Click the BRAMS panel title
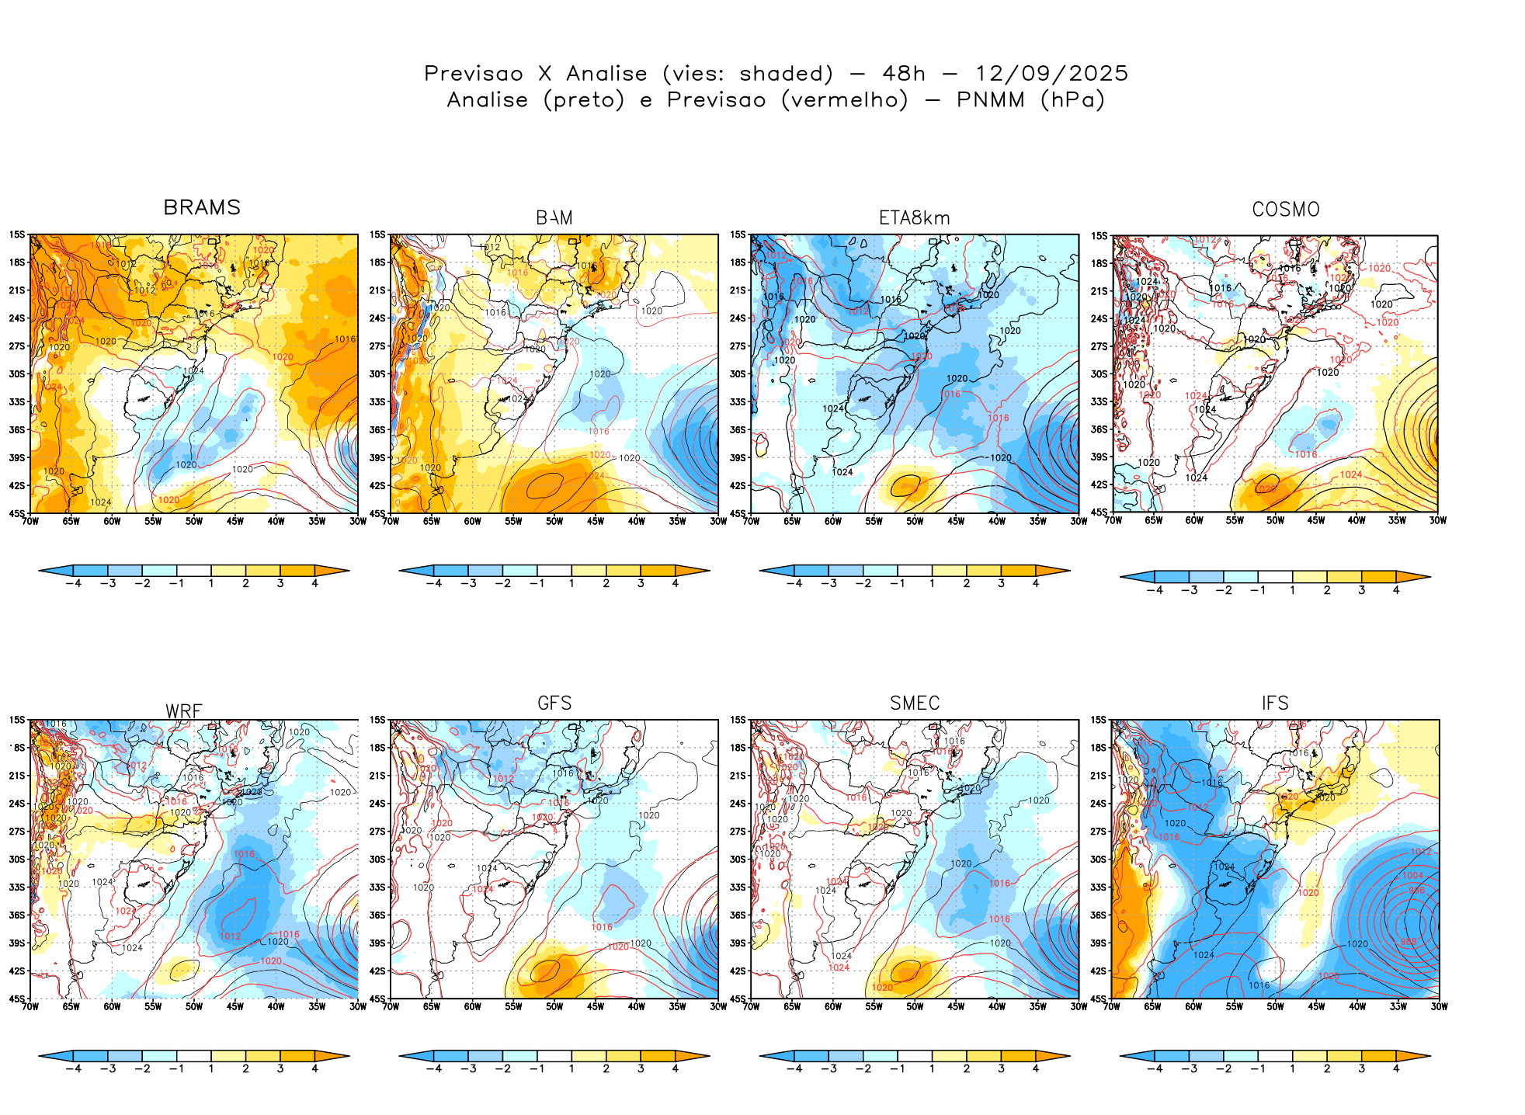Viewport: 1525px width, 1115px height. point(202,208)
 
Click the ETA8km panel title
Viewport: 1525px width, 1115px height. point(914,218)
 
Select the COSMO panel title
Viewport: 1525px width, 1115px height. point(1285,210)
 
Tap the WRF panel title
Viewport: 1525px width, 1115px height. point(184,711)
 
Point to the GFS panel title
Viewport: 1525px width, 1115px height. point(554,703)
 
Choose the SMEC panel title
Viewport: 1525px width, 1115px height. point(915,703)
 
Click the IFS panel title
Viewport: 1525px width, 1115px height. point(1275,703)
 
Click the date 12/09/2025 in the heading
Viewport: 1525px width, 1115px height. point(1051,74)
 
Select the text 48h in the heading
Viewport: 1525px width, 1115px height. point(904,74)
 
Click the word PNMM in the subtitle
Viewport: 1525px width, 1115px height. point(991,100)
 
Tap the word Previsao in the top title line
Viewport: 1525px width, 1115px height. point(474,74)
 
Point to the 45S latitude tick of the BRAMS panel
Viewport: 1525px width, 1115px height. point(17,513)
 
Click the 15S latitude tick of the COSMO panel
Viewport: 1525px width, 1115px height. point(1099,236)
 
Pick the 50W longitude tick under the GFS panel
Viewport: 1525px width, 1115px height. point(554,1007)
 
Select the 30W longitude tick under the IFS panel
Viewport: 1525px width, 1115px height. point(1439,1007)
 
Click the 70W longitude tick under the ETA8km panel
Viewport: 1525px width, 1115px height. point(751,521)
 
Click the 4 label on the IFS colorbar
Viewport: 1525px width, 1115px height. point(1396,1069)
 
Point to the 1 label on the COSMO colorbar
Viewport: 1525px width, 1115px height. point(1293,591)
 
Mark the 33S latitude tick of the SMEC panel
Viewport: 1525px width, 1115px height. point(738,887)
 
